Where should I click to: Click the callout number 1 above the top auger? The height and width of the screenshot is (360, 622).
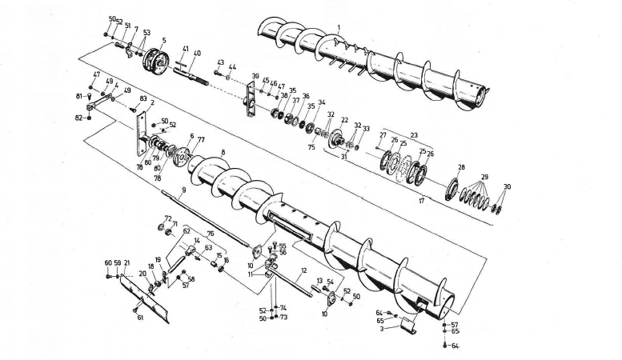tap(339, 27)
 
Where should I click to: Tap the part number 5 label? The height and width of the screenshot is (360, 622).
tap(163, 40)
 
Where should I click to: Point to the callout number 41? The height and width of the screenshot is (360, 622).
tap(185, 49)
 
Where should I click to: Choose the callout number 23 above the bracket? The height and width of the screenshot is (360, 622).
tap(415, 134)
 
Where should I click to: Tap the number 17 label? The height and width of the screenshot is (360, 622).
tap(421, 201)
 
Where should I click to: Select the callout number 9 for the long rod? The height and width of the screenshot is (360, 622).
tap(183, 190)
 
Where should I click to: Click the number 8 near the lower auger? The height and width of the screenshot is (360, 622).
tap(223, 152)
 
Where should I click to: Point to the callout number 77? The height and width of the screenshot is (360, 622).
tap(200, 138)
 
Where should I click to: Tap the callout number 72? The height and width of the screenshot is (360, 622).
tap(167, 218)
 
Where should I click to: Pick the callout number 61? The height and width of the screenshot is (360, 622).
tap(140, 318)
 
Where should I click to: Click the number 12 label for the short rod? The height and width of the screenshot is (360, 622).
tap(304, 272)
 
